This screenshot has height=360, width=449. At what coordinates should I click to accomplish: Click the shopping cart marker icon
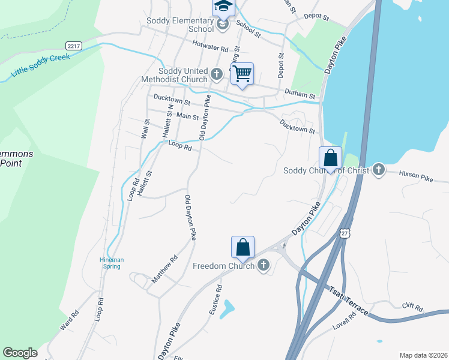coord(242,74)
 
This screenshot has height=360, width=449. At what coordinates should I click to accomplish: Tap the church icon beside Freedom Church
coord(264,266)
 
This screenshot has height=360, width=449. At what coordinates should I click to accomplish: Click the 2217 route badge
coord(74,46)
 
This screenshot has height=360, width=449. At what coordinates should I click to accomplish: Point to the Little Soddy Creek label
coord(40,66)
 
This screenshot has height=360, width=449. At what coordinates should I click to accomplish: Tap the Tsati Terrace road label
coord(348,299)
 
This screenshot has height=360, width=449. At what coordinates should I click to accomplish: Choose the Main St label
coord(187,116)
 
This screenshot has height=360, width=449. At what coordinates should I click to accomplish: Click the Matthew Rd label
coord(164,269)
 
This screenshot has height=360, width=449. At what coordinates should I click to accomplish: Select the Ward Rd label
coord(70,322)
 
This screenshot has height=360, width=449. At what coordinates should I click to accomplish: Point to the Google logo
coord(20,353)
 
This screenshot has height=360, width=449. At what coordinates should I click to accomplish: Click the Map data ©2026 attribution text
coord(423,355)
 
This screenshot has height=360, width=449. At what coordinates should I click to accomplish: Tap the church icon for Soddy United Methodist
coord(217,75)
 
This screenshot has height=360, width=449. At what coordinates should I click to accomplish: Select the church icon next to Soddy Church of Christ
coord(378,170)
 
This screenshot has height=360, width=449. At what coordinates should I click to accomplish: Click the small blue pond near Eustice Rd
coord(228,310)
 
